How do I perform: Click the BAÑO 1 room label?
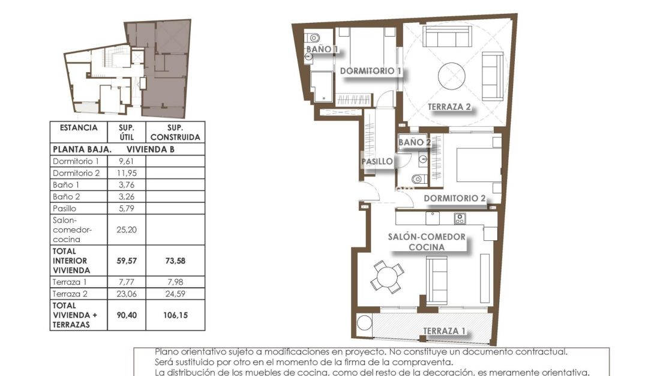tap(323, 49)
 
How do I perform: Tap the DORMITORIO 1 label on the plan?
tap(370, 71)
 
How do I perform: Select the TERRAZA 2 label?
tap(449, 108)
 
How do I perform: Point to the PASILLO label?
tap(377, 162)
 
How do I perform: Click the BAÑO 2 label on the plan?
tap(415, 142)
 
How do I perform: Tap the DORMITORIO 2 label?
tap(454, 199)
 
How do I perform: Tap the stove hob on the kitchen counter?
tap(460, 218)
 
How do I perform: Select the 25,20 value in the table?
tap(126, 229)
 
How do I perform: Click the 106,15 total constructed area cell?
tap(175, 314)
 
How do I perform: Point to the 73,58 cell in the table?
tap(175, 261)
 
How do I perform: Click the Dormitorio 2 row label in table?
tap(76, 173)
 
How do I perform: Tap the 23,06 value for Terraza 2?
tap(126, 294)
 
